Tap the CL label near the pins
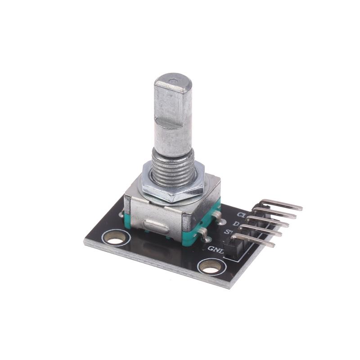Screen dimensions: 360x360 [x=243, y=215]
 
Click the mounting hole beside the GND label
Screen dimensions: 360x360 [x=210, y=266]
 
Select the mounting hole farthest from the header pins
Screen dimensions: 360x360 [x=116, y=237]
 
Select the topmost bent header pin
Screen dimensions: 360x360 [x=281, y=205]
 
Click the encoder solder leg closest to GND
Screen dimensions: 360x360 [x=203, y=234]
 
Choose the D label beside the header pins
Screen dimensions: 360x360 [x=235, y=224]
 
